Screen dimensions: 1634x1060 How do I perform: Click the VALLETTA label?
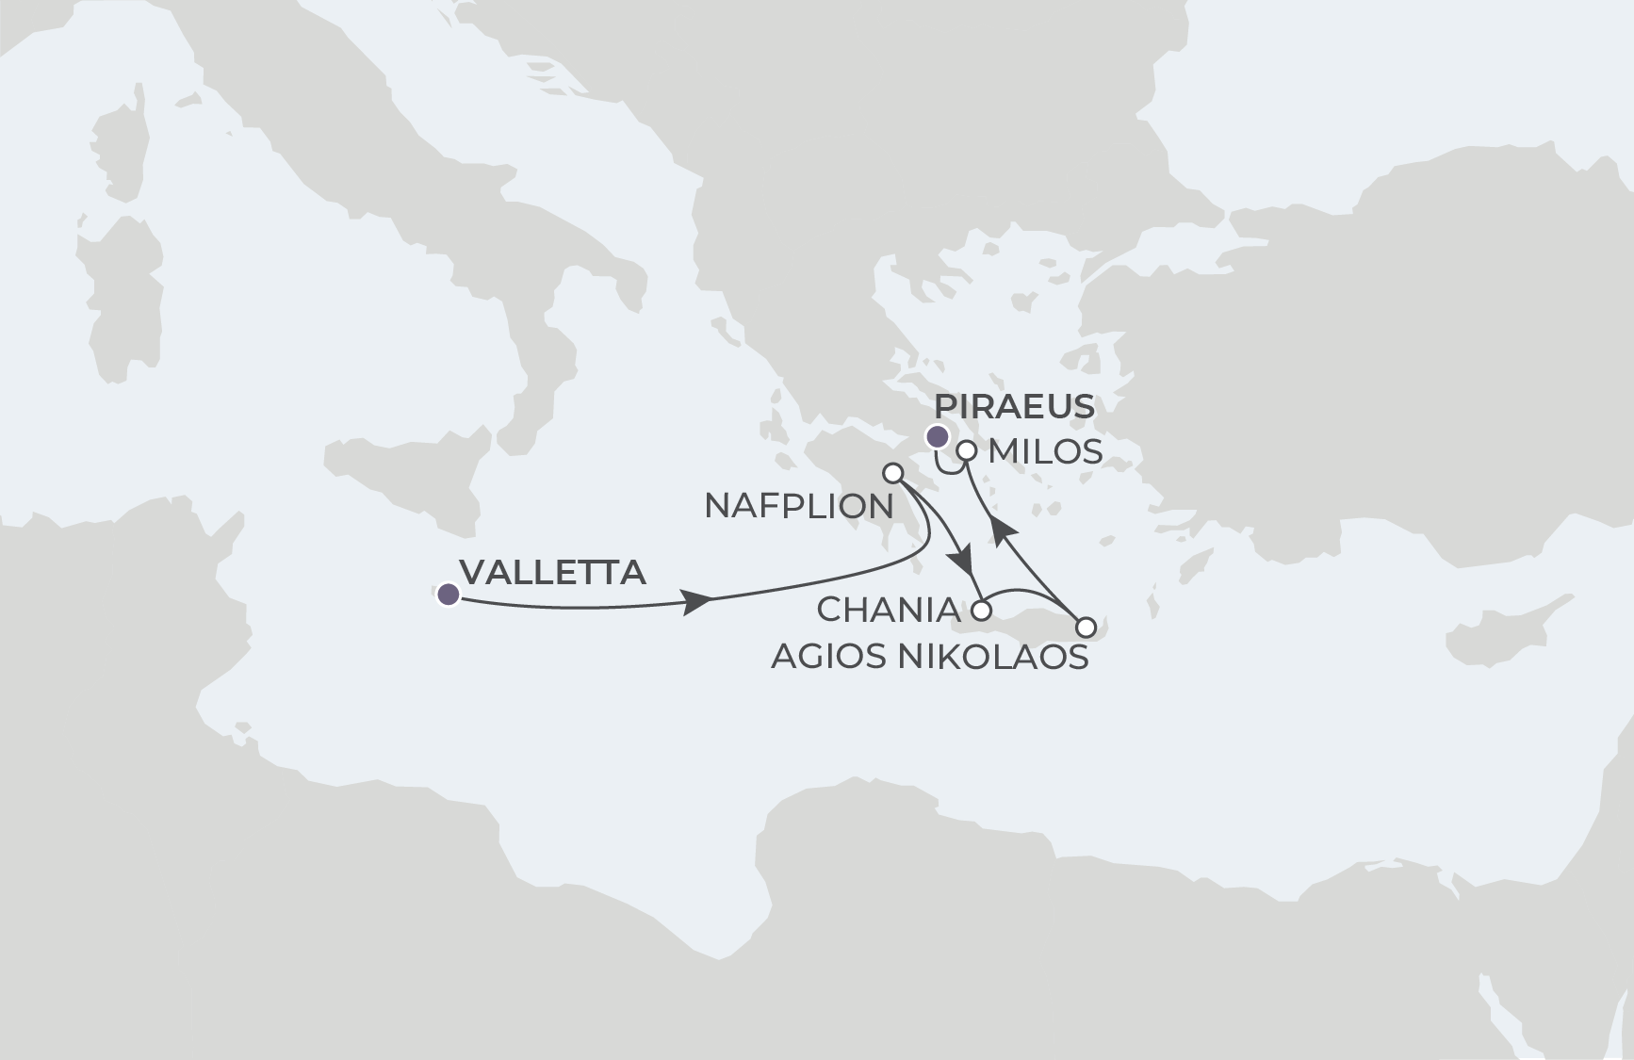(553, 572)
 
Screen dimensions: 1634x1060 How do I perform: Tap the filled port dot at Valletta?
(449, 594)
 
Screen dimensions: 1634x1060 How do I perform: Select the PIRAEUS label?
(1014, 407)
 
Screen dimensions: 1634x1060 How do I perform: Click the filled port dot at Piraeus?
(938, 436)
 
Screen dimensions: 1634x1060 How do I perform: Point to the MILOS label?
(1045, 452)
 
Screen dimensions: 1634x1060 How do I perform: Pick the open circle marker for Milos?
(966, 451)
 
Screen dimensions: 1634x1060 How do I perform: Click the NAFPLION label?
(799, 506)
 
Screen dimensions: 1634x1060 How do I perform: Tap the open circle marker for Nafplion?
(892, 472)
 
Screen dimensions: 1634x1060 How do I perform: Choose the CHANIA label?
(888, 611)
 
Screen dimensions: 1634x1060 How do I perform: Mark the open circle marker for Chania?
(981, 611)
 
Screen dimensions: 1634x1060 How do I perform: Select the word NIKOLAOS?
(993, 657)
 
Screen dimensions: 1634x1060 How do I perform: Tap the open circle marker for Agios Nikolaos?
(1086, 627)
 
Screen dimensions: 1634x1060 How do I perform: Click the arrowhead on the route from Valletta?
(697, 601)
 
